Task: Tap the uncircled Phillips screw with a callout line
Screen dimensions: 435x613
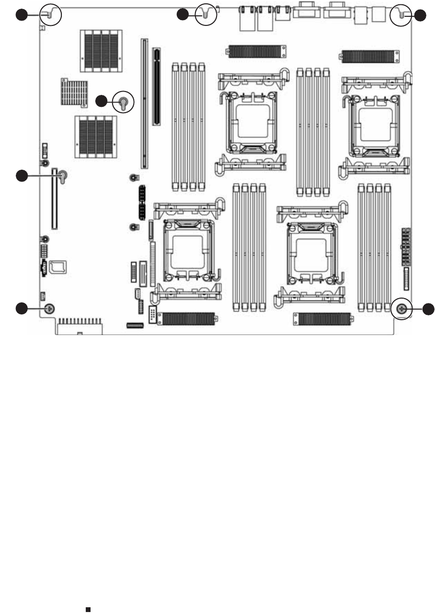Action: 48,309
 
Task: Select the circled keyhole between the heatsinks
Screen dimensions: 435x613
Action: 123,102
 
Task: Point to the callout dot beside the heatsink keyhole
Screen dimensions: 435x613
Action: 102,102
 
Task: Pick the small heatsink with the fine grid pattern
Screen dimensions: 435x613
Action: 74,92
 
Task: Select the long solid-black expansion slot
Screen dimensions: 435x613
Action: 156,86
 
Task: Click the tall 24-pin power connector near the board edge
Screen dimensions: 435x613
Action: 405,247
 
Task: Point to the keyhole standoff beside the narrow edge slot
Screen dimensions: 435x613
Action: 63,177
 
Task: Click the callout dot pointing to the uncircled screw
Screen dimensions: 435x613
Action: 22,309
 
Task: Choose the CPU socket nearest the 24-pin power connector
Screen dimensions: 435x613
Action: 374,125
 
